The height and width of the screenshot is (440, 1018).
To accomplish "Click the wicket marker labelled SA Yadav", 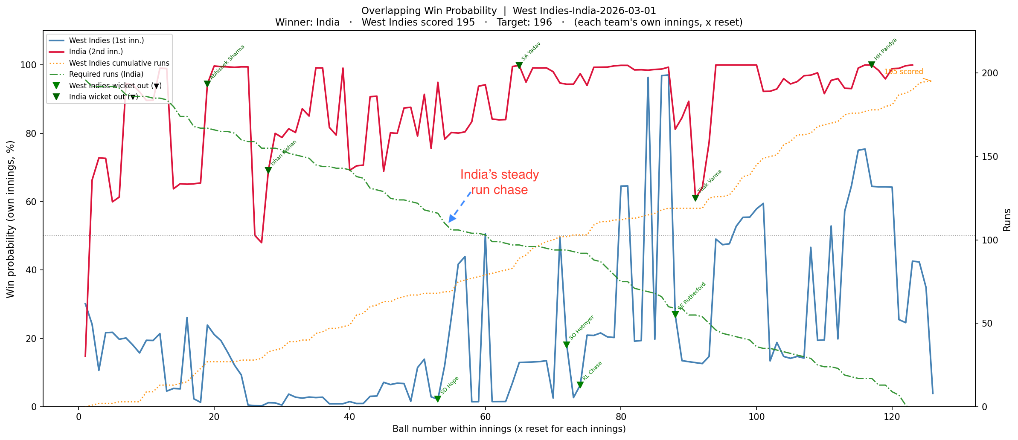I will (519, 66).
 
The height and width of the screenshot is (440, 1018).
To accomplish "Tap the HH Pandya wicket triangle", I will (871, 65).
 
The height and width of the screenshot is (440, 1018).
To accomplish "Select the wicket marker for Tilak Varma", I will (695, 198).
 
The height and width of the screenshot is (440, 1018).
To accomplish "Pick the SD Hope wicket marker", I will (437, 399).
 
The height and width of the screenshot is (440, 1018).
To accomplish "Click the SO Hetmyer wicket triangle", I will (566, 345).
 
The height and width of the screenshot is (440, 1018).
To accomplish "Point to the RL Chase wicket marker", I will (580, 385).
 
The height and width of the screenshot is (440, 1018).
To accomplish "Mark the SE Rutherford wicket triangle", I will (675, 315).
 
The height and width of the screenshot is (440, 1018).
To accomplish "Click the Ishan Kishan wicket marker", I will (268, 171).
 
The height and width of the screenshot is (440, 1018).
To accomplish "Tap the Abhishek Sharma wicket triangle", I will (207, 84).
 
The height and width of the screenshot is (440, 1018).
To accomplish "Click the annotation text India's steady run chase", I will (499, 182).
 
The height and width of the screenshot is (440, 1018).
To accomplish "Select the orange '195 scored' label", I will (903, 72).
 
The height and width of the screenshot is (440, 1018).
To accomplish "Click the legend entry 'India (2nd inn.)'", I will (96, 52).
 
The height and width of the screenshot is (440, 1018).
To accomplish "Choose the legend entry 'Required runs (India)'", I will (106, 74).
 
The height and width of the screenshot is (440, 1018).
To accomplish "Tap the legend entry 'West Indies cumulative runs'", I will (119, 63).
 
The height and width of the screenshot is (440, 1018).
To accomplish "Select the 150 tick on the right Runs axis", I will (987, 156).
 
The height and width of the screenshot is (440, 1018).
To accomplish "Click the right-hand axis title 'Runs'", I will (1007, 220).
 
